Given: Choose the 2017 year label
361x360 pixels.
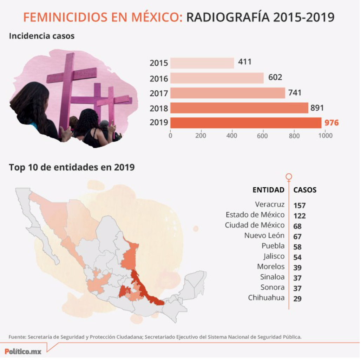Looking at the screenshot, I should (x=159, y=94).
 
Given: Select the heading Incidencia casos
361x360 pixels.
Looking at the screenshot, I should (x=41, y=36).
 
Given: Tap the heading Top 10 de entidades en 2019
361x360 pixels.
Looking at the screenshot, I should (x=72, y=168).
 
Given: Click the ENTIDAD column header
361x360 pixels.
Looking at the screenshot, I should (x=269, y=190).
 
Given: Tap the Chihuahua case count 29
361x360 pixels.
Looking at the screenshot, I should (x=298, y=299).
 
